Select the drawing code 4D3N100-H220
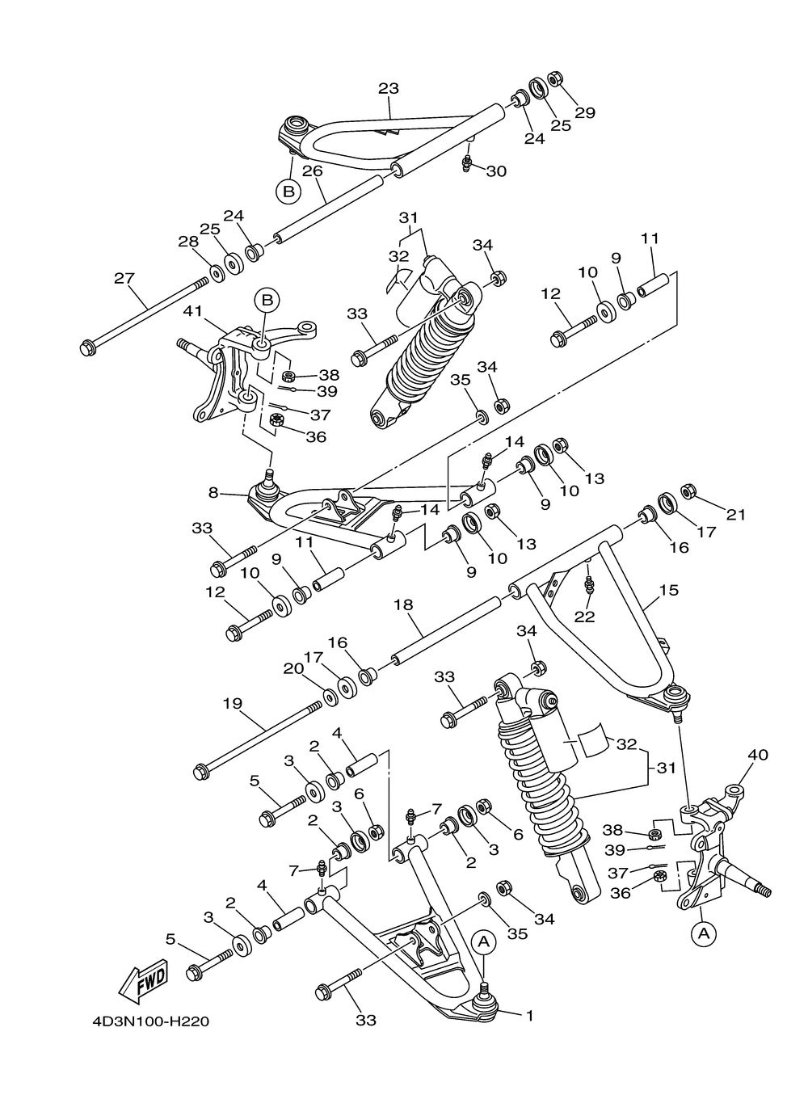click(x=151, y=1022)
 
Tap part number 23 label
click(x=389, y=89)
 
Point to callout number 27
click(x=124, y=278)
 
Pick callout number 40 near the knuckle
click(x=758, y=755)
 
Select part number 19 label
click(x=232, y=703)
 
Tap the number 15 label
click(x=668, y=591)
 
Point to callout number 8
click(x=213, y=491)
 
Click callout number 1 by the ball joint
click(x=529, y=1016)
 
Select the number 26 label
click(x=313, y=171)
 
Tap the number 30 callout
click(x=496, y=171)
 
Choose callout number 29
click(x=584, y=112)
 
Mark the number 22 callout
click(x=584, y=617)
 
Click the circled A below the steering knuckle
click(x=703, y=933)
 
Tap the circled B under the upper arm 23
click(x=288, y=192)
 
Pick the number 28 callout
click(x=188, y=242)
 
